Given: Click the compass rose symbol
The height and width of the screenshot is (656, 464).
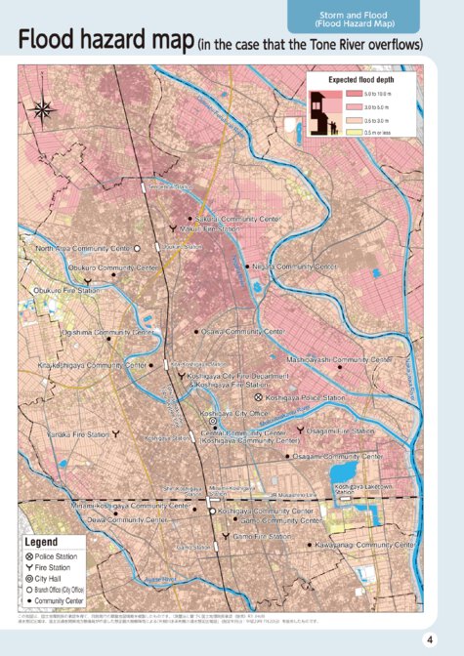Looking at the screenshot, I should pyautogui.click(x=44, y=109).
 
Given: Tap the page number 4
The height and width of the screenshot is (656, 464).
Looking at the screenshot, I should pyautogui.click(x=429, y=638).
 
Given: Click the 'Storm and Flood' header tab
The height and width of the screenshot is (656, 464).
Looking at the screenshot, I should pyautogui.click(x=354, y=17).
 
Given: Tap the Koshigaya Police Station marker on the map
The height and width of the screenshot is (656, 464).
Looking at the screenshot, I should pyautogui.click(x=258, y=398).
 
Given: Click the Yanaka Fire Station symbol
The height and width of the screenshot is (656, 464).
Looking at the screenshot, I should pyautogui.click(x=116, y=433).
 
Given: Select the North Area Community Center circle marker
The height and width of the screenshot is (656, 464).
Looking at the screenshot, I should pyautogui.click(x=137, y=249).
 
